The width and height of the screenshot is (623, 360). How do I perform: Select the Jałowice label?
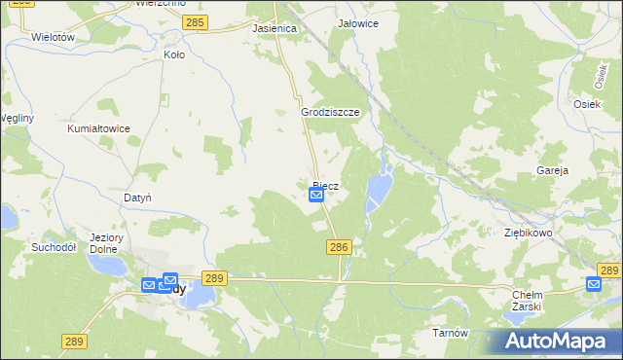[x=357, y=22]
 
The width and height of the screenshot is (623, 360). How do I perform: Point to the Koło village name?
[x=174, y=55]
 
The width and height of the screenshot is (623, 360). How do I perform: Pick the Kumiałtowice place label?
[x=98, y=128]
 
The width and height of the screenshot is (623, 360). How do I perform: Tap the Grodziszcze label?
[x=330, y=112]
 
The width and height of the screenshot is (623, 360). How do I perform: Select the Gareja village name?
[x=552, y=170]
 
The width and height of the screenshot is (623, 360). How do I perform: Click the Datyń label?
[x=137, y=198]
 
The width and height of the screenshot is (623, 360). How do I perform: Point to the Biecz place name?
[x=326, y=185]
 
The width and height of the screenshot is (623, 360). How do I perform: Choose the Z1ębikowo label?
[x=529, y=234]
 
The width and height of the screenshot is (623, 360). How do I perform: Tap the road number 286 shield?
[x=339, y=249]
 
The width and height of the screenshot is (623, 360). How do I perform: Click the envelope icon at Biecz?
[x=316, y=196]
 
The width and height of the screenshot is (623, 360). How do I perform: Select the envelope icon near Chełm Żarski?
[x=594, y=283]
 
